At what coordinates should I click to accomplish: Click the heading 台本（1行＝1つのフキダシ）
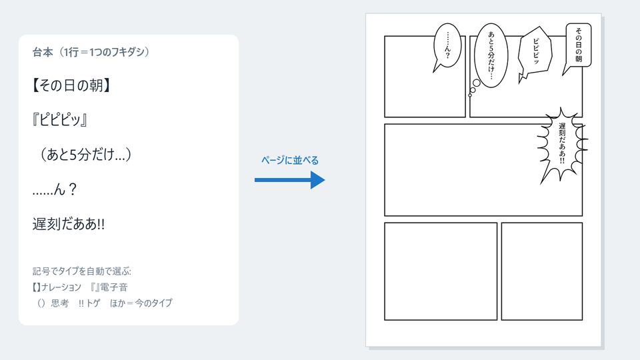pyautogui.click(x=91, y=52)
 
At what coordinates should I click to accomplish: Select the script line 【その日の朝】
pyautogui.click(x=71, y=85)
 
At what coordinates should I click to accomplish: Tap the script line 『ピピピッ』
pyautogui.click(x=60, y=120)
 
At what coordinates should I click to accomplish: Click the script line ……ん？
pyautogui.click(x=55, y=189)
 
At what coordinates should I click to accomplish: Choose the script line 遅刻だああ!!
pyautogui.click(x=69, y=224)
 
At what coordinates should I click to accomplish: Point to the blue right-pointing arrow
pyautogui.click(x=289, y=180)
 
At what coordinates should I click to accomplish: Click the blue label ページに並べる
pyautogui.click(x=290, y=161)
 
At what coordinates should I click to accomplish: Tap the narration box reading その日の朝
pyautogui.click(x=579, y=45)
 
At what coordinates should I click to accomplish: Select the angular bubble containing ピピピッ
pyautogui.click(x=535, y=51)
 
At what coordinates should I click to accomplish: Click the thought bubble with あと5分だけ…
pyautogui.click(x=491, y=55)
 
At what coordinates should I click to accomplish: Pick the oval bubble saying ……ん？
pyautogui.click(x=447, y=45)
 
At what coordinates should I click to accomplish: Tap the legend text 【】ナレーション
pyautogui.click(x=57, y=287)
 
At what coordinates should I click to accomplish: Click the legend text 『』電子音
pyautogui.click(x=109, y=287)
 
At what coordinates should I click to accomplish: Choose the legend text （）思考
pyautogui.click(x=52, y=303)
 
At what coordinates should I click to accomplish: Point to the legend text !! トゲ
pyautogui.click(x=89, y=303)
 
